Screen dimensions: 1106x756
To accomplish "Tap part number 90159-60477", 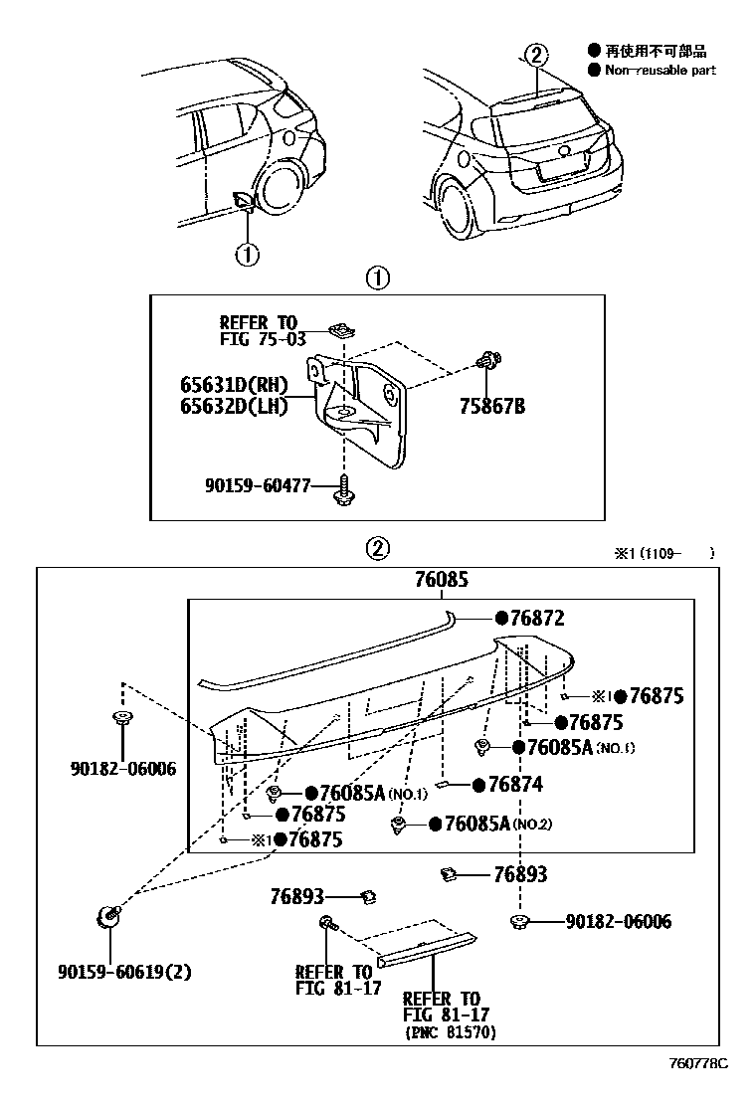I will pos(258,485).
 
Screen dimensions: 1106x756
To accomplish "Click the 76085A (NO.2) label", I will pos(495,824).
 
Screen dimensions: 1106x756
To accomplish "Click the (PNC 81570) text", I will pos(450,1033).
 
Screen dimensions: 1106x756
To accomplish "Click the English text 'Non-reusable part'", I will pos(659,71).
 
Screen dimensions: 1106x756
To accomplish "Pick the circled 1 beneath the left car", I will pos(246,254).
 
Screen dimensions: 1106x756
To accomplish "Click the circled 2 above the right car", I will pos(536,56).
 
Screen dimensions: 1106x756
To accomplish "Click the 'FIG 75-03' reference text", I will pos(258,339).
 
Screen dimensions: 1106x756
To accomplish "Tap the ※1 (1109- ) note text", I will pos(663,553).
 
